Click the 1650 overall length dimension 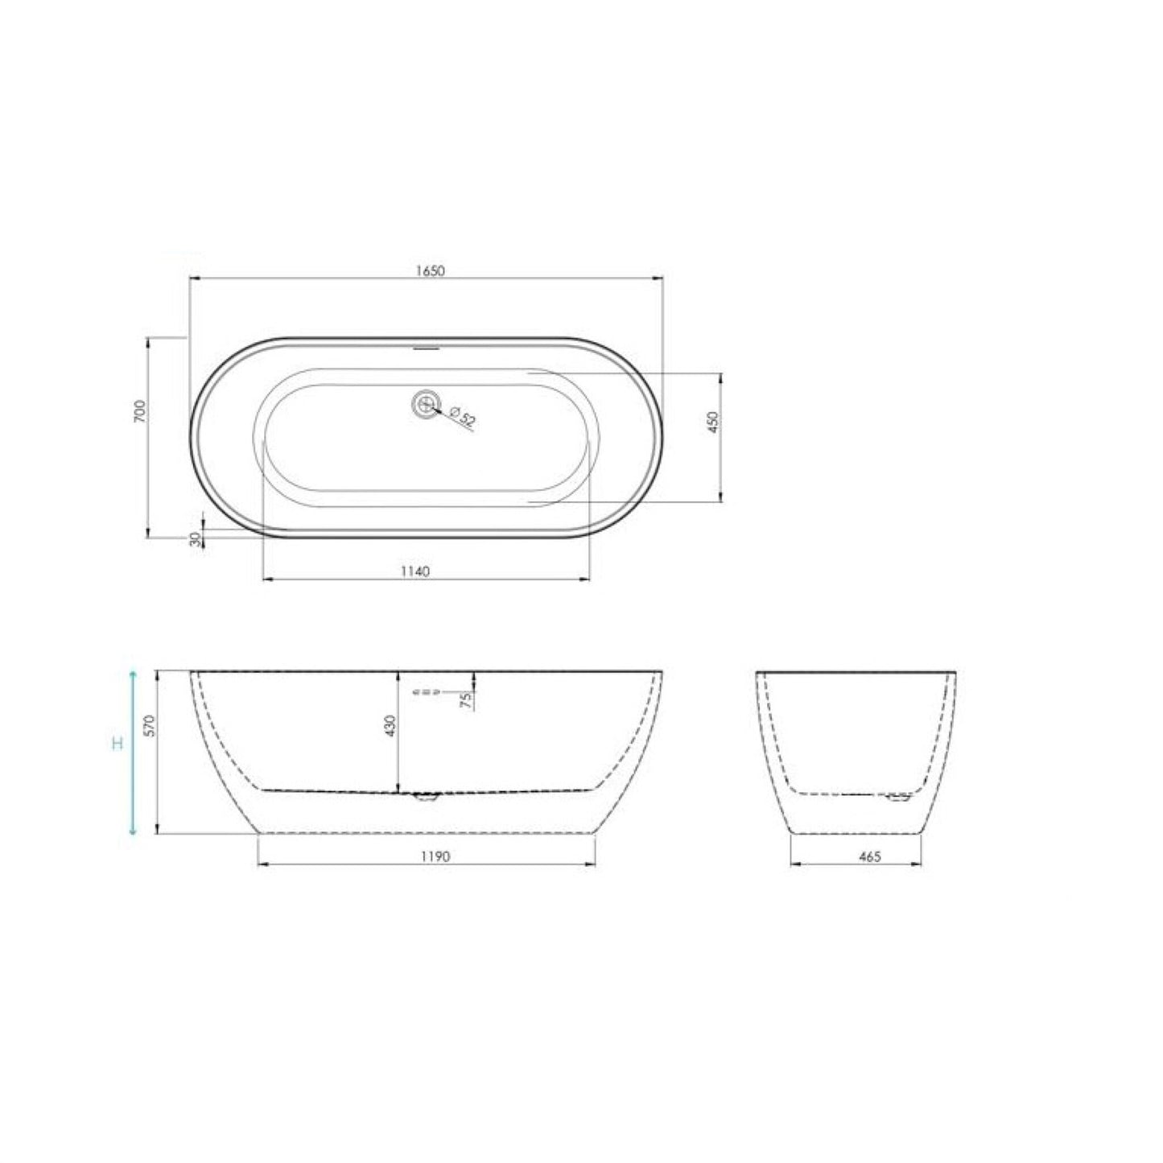pos(430,271)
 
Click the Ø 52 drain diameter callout pos(464,419)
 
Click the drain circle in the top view pos(425,403)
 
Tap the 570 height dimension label pos(146,726)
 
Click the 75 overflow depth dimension pos(465,699)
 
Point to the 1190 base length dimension pos(435,857)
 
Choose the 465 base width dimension pos(870,857)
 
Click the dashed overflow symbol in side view pos(426,691)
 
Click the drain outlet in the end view pos(897,798)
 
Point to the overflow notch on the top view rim pos(426,349)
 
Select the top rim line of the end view pos(856,671)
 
